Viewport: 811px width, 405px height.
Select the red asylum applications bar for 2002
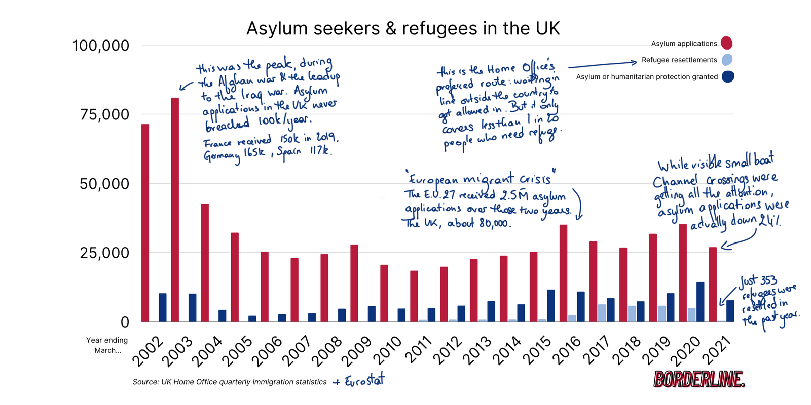pos(145,223)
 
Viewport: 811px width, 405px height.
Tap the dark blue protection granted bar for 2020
pos(700,302)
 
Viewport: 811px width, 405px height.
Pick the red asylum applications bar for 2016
pos(563,273)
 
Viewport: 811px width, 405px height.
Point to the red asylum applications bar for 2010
pos(384,293)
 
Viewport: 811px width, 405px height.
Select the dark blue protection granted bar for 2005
pos(252,318)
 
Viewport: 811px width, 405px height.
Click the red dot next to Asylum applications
pos(727,43)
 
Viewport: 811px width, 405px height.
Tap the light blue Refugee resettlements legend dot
pos(727,60)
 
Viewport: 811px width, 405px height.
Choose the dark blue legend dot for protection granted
pos(728,76)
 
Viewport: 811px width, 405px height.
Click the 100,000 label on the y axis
pos(101,46)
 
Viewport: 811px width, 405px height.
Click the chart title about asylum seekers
pos(403,28)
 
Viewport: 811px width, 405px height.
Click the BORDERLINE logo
pos(699,379)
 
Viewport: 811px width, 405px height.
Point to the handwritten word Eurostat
pos(364,381)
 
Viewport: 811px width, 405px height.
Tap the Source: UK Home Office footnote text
pos(230,382)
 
